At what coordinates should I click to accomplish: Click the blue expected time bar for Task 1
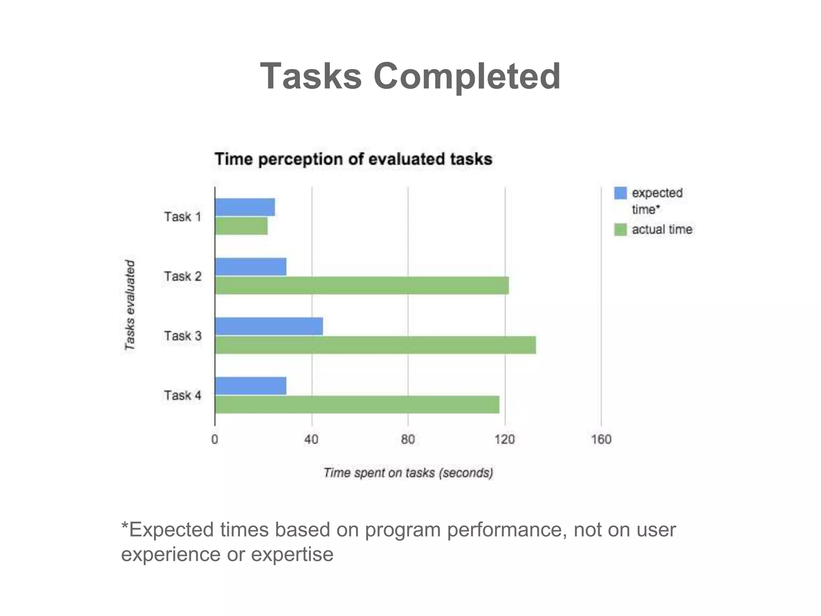point(245,207)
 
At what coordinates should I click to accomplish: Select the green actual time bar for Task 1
point(241,226)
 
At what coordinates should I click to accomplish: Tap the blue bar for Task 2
point(251,267)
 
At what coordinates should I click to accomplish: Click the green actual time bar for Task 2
point(362,285)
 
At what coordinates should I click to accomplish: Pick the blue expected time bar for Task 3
point(269,326)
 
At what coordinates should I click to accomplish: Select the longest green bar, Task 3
point(375,345)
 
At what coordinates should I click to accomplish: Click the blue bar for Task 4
point(251,386)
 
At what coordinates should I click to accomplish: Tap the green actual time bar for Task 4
point(357,404)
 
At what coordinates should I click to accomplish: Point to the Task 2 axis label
point(182,276)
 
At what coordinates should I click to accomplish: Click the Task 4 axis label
point(182,395)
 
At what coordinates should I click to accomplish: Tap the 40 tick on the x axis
point(311,440)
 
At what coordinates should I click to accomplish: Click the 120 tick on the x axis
point(504,440)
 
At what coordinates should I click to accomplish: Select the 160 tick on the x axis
point(601,440)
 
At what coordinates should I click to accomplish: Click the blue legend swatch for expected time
point(620,193)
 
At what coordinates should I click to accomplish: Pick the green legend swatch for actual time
point(620,230)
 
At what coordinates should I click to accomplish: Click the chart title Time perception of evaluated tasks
point(353,159)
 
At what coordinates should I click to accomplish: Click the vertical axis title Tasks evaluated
point(130,305)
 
